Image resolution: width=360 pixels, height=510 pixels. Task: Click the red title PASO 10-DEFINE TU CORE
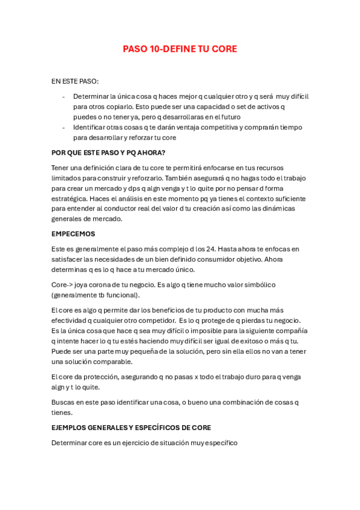[180, 49]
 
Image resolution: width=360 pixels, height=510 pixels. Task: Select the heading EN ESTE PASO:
[75, 81]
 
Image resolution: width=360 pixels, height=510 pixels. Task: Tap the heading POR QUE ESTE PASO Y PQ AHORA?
[108, 152]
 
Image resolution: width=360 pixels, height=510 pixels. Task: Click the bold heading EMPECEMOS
[73, 233]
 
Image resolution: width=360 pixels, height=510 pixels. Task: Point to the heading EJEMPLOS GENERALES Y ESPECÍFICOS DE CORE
[131, 428]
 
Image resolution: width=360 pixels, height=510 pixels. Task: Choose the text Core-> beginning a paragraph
[62, 284]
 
